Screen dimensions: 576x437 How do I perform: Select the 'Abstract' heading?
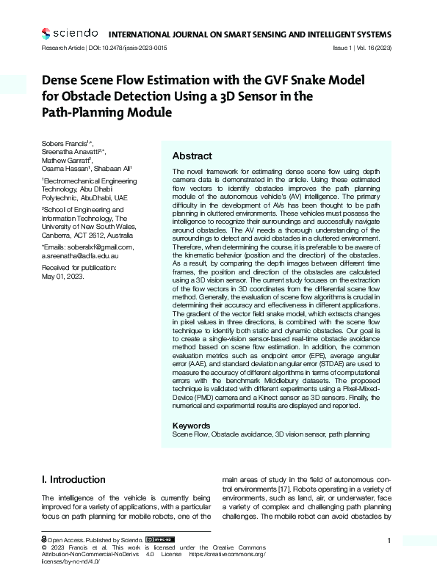click(x=192, y=156)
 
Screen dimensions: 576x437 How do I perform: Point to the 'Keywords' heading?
click(x=191, y=426)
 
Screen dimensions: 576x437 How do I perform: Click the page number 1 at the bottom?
click(x=388, y=540)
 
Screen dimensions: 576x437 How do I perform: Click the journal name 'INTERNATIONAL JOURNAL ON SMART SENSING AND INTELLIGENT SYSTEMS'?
click(x=250, y=34)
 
